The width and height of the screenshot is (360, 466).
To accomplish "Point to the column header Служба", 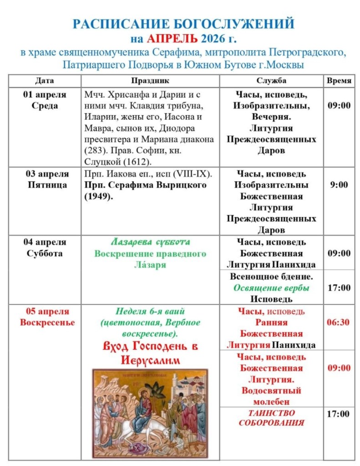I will (271, 81).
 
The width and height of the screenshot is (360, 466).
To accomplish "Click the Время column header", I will (339, 81).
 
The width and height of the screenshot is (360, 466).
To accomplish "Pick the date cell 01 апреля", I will (45, 95).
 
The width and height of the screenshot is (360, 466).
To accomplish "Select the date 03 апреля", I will (45, 174).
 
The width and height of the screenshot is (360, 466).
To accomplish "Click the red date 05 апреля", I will (45, 311).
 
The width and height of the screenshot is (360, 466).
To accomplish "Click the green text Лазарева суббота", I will (150, 242).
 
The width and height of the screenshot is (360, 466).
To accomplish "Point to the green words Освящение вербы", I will (271, 288).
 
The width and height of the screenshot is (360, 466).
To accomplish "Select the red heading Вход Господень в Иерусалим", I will (150, 354).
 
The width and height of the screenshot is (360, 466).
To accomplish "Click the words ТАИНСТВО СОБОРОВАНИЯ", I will (271, 418).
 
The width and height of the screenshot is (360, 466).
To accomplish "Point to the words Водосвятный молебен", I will (271, 396).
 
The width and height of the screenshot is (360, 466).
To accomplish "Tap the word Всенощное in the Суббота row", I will (249, 277).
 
